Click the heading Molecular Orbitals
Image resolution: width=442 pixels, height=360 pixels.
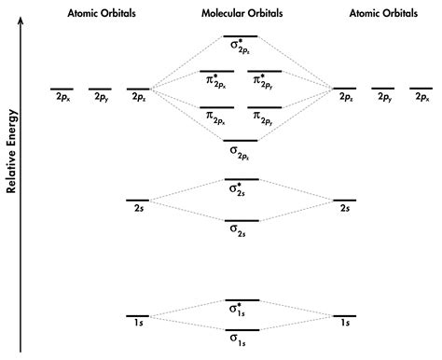point(242,15)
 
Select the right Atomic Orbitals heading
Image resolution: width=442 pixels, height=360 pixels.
point(383,15)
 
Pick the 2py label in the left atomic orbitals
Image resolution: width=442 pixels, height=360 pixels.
point(100,97)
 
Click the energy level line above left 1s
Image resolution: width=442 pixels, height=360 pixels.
point(137,316)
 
